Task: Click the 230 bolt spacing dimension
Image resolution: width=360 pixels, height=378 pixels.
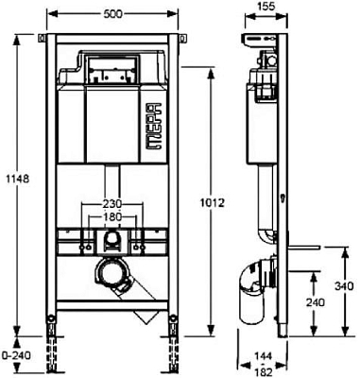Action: point(112,203)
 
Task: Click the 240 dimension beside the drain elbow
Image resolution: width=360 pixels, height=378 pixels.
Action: point(312,302)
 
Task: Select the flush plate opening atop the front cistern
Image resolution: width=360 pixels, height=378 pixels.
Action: point(112,70)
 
